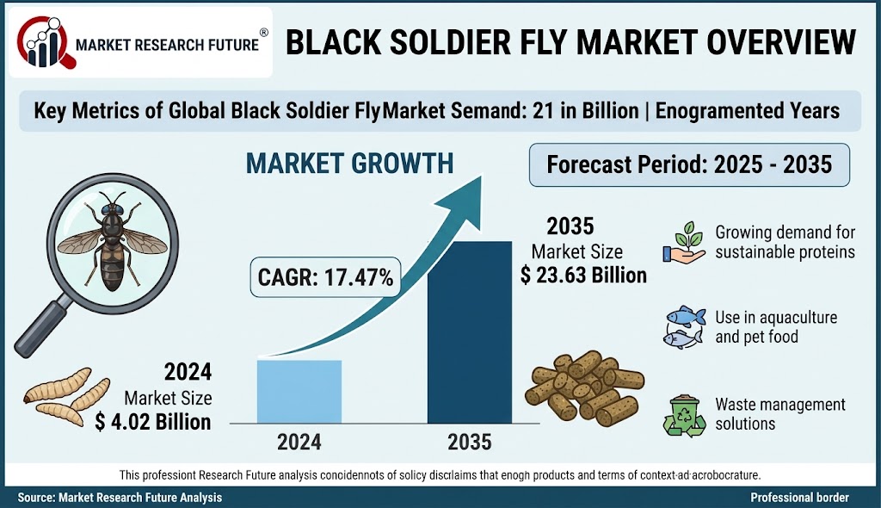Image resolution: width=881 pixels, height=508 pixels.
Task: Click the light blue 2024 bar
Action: click(299, 392)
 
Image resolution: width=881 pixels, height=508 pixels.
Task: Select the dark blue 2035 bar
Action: click(470, 331)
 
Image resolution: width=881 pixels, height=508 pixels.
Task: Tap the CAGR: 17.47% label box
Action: click(325, 277)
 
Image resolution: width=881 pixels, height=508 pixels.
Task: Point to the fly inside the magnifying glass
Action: click(113, 241)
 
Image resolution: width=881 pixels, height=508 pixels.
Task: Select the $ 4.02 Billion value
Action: click(153, 421)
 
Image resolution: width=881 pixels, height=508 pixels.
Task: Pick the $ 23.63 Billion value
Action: click(583, 276)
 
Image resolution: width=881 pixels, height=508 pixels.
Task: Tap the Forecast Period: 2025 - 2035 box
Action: click(689, 164)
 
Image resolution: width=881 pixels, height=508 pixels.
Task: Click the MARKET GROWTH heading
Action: click(349, 163)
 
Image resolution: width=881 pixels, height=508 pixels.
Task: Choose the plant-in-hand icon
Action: click(684, 243)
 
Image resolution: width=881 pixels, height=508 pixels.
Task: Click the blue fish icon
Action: click(684, 327)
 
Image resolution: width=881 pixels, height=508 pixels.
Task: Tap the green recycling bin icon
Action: click(684, 416)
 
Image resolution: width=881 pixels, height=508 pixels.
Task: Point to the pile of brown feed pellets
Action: click(585, 388)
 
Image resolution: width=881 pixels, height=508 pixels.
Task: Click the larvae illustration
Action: click(67, 396)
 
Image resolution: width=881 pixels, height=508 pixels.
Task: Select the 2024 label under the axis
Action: click(299, 443)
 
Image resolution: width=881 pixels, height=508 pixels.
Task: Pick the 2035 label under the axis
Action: click(470, 443)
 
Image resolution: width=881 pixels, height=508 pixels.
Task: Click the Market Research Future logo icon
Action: click(43, 42)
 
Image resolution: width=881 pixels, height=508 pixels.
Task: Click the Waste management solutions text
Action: click(779, 414)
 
